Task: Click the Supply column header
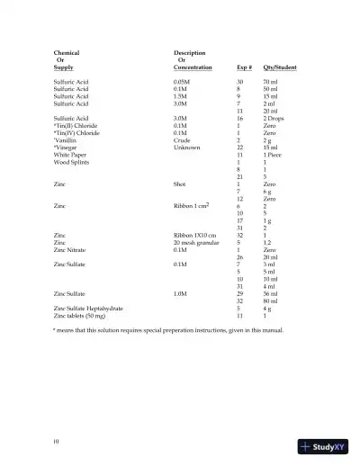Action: (64, 67)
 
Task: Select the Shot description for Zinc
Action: (180, 184)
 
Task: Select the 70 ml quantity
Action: (263, 82)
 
